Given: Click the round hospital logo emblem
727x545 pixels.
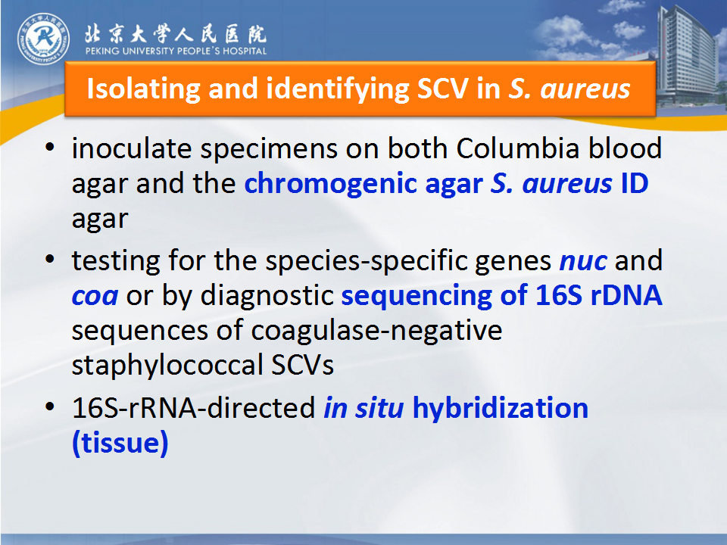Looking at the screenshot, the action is coord(44,39).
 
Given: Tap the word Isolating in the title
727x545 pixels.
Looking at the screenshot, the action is coord(144,89).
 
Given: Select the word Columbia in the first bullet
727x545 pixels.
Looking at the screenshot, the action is coord(518,149).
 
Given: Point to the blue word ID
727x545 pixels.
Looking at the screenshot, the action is coord(635,183).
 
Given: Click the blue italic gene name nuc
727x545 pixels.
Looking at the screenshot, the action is coord(583,261).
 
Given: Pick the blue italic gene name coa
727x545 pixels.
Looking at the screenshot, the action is coord(95,296).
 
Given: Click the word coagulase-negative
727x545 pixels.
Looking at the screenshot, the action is coord(376,331).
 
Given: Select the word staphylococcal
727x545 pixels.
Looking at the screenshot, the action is coord(167,366).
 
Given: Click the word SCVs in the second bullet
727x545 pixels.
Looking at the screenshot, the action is coord(302,365).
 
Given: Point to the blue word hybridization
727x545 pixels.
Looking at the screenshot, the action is coord(501,408).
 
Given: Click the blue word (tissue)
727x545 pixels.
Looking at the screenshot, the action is coord(120,443).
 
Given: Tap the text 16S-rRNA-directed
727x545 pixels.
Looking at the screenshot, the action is coord(194,408).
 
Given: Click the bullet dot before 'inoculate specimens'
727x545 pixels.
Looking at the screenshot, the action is coord(50,148).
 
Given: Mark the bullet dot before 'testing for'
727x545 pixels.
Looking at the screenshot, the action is coord(50,260).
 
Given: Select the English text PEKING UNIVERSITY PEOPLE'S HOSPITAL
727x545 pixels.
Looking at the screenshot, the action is coord(176,51).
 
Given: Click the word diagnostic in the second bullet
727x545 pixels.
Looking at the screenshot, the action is coord(267,296).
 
